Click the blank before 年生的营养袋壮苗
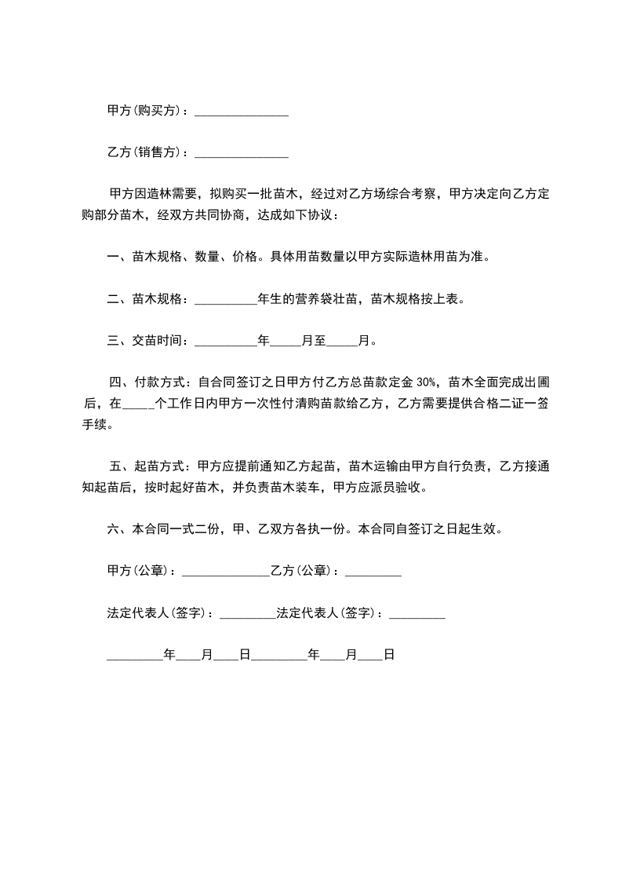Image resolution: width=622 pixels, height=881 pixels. (225, 300)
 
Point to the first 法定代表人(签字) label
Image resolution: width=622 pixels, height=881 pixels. (159, 612)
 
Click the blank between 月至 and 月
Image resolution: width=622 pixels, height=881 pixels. (341, 342)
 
